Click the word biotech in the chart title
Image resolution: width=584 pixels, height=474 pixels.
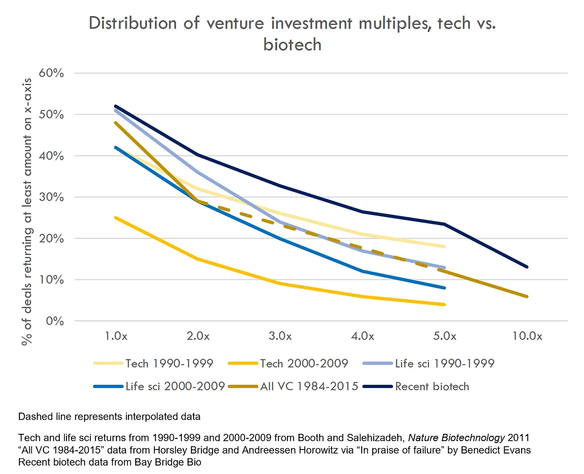coord(292,45)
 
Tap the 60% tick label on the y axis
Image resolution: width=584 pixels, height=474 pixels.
coord(51,73)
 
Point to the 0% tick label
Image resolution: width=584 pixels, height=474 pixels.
coord(55,321)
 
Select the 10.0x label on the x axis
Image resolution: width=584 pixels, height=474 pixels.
coord(527,336)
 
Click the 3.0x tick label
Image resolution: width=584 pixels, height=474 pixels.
coord(280,336)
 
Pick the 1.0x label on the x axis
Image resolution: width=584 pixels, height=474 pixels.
coord(116,336)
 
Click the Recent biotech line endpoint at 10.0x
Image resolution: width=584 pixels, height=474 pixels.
coord(527,267)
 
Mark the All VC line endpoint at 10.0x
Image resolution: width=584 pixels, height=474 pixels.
coord(527,296)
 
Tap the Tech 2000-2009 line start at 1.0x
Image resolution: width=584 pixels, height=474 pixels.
coord(116,217)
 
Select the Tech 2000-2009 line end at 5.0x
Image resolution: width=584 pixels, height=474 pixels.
coord(444,304)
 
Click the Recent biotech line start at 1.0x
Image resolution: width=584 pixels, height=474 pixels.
coord(116,106)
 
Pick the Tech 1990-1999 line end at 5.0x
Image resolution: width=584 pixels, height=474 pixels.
coord(444,247)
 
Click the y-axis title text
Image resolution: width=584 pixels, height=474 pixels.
coord(27,212)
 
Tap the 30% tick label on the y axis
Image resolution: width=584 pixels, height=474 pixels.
coord(51,197)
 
